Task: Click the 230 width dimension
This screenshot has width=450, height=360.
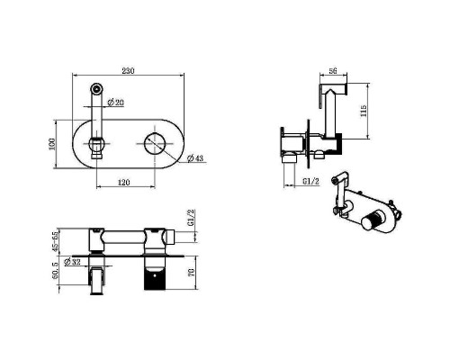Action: pos(128,71)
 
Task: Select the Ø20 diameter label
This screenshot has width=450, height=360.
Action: pos(116,103)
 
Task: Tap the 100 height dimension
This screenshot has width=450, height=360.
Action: pos(52,144)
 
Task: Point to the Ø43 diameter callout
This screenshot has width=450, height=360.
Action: pos(195,158)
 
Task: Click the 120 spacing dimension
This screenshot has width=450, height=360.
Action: pos(123,183)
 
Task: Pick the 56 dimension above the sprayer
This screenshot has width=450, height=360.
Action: pos(333,71)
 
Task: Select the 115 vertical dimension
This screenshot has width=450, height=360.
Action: pos(364,111)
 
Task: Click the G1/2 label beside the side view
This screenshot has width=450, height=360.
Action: pos(310,182)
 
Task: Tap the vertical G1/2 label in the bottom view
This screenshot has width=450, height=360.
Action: pos(191,218)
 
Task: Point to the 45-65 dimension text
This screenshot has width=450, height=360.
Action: pos(56,240)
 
